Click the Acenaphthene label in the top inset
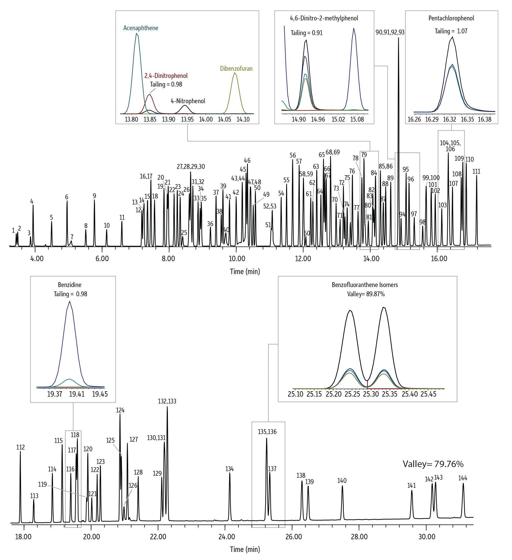pos(141,28)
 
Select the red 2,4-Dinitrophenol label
pos(166,76)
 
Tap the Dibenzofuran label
pos(236,68)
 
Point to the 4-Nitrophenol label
pos(188,101)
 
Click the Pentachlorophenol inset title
pos(451,18)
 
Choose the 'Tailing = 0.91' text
pos(306,33)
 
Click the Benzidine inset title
pos(70,285)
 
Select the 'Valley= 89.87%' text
pos(366,294)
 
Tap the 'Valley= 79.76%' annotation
pos(433,464)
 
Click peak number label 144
pos(462,478)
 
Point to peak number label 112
pos(20,447)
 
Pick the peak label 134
pos(230,469)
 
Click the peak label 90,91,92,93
pos(390,32)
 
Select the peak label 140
pos(342,481)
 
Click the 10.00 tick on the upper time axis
pos(237,258)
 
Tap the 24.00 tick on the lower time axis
pos(227,537)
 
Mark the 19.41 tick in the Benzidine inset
pos(77,394)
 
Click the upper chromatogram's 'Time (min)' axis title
pos(245,272)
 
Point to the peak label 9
pos(94,196)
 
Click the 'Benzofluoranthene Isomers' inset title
pos(365,285)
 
